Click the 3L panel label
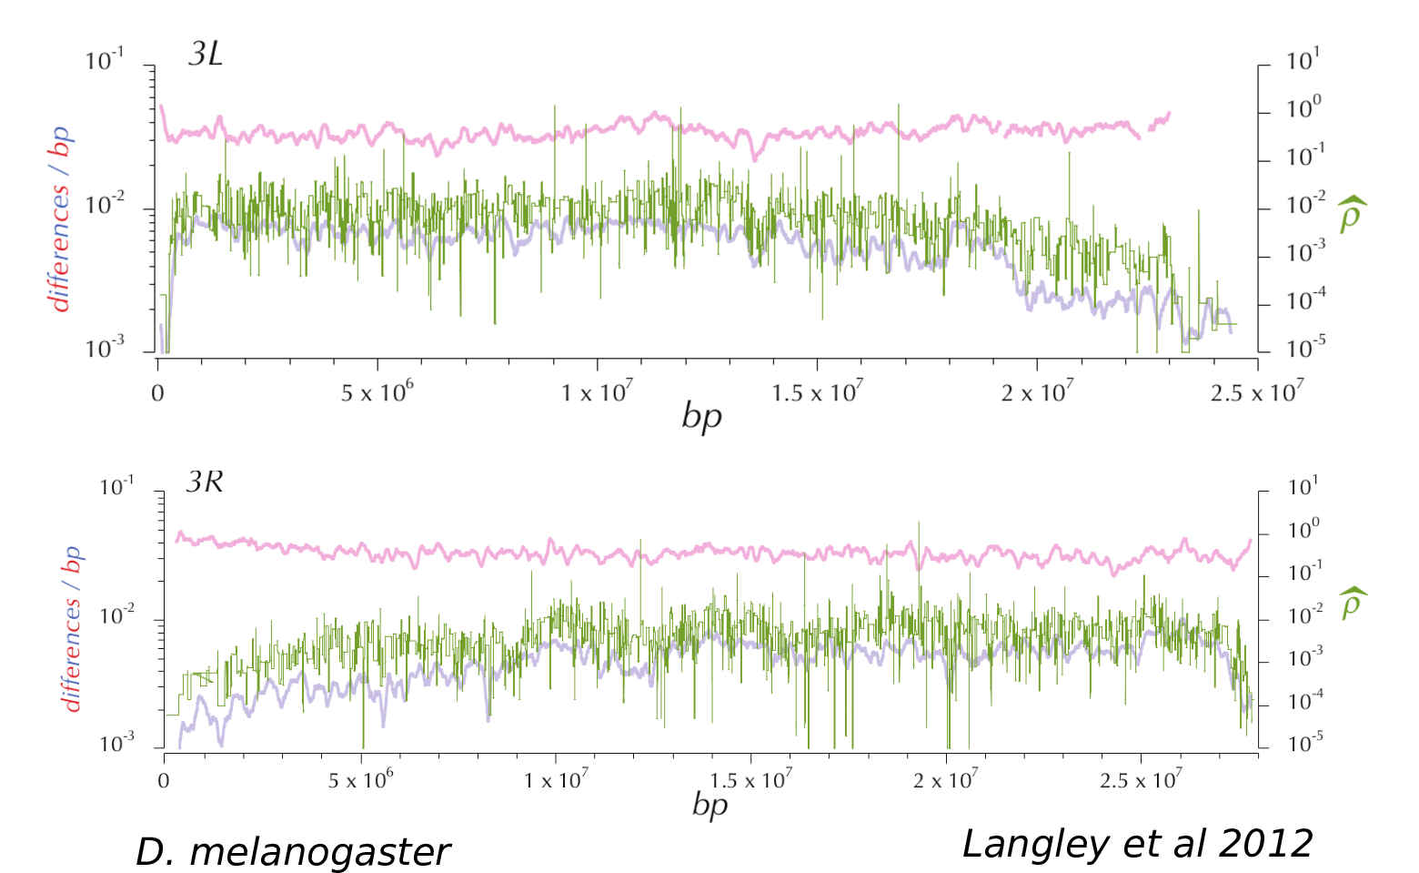click(x=205, y=55)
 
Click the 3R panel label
click(x=205, y=482)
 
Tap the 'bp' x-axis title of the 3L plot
click(x=701, y=417)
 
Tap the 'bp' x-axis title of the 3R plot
click(x=709, y=805)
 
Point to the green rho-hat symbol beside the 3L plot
click(x=1351, y=213)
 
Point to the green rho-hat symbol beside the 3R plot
click(x=1352, y=603)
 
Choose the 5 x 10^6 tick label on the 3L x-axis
click(x=377, y=392)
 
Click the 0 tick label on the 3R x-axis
click(x=164, y=780)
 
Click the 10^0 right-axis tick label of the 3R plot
click(x=1303, y=530)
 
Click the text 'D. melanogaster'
click(x=292, y=852)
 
